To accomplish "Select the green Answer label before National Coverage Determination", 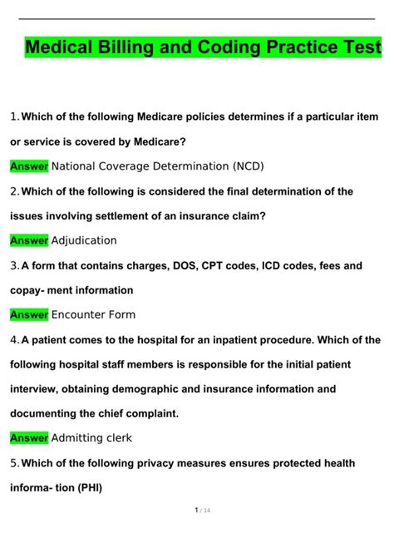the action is (29, 166).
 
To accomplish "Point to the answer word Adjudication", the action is (84, 240).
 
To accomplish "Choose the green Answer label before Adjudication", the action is (29, 240).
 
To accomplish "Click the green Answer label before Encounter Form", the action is (29, 315).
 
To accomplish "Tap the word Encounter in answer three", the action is (80, 315).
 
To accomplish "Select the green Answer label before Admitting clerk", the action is (29, 437).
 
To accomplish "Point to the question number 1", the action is (13, 116).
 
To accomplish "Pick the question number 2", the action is (13, 191).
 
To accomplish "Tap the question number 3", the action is (13, 266).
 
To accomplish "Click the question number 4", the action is (13, 340).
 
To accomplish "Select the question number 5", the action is (13, 463).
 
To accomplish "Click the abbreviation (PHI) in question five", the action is (86, 488).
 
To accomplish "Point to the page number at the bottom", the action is (197, 532).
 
